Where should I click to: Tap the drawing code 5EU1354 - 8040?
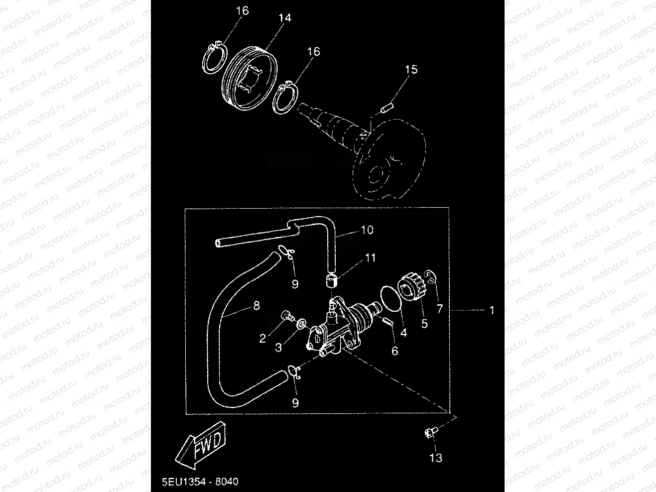pyautogui.click(x=200, y=482)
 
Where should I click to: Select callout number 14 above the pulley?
pyautogui.click(x=284, y=17)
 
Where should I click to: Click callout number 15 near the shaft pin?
pyautogui.click(x=411, y=69)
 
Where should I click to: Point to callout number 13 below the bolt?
pyautogui.click(x=435, y=458)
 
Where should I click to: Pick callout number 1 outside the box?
pyautogui.click(x=492, y=310)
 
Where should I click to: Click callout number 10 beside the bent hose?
pyautogui.click(x=367, y=230)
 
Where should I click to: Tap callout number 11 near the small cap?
pyautogui.click(x=370, y=257)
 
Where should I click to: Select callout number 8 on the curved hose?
pyautogui.click(x=257, y=305)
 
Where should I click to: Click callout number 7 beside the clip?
pyautogui.click(x=439, y=309)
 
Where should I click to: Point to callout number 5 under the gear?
pyautogui.click(x=424, y=324)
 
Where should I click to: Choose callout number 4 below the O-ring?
pyautogui.click(x=403, y=333)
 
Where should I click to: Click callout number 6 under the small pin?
pyautogui.click(x=394, y=351)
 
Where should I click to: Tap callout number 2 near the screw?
pyautogui.click(x=262, y=339)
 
